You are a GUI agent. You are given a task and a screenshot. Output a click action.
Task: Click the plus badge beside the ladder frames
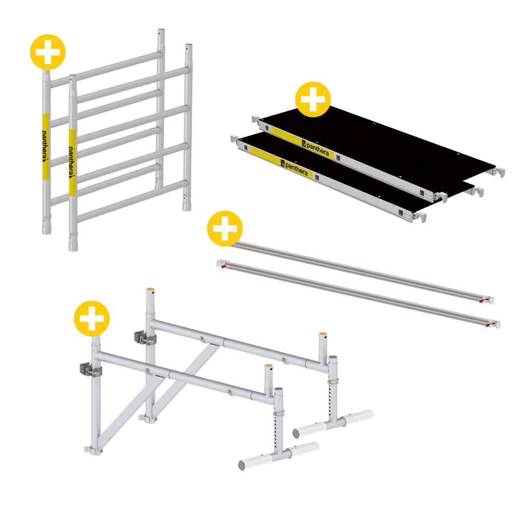[x=48, y=52]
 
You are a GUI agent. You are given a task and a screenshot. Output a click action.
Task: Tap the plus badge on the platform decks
[x=313, y=99]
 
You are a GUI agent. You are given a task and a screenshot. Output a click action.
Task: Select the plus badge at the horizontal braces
[x=225, y=228]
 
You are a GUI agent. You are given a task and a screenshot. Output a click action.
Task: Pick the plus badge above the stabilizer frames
[x=92, y=318]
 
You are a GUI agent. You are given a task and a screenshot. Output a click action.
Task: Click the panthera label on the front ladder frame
[x=72, y=162]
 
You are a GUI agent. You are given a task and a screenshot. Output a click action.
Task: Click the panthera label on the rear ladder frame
[x=45, y=146]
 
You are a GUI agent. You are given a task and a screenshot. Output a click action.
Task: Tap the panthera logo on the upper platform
[x=316, y=148]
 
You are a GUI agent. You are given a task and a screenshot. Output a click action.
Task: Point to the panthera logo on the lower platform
[x=294, y=168]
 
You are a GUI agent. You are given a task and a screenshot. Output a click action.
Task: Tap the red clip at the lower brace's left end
[x=222, y=264]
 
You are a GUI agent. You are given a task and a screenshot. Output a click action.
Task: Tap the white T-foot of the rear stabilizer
[x=333, y=423]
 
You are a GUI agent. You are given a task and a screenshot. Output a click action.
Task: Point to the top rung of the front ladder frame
[x=133, y=85]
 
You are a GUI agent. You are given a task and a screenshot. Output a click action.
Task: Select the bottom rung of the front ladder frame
[x=133, y=201]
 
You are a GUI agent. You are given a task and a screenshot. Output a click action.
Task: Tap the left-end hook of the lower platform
[x=235, y=139]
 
